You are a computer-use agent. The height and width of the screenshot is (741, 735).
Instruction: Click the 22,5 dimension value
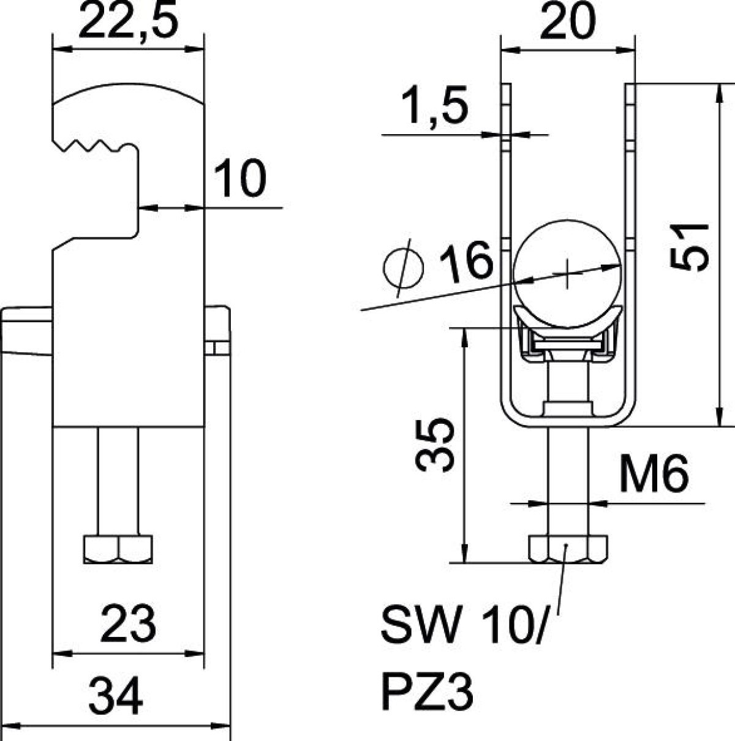click(x=128, y=20)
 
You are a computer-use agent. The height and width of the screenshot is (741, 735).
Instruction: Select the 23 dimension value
click(x=127, y=623)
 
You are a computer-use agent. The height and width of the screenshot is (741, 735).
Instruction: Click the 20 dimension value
click(x=567, y=20)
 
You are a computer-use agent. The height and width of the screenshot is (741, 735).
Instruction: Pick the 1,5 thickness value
click(x=434, y=104)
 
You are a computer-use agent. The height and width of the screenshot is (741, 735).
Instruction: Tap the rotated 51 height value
click(x=688, y=247)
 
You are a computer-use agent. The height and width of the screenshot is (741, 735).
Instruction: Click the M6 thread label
click(x=654, y=474)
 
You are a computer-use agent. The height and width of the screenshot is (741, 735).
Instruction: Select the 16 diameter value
click(x=466, y=261)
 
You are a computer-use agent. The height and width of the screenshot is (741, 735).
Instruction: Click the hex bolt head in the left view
click(x=118, y=549)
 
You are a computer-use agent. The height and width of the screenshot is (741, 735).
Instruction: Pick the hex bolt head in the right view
click(x=568, y=549)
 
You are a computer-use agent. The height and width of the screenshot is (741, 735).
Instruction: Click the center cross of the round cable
click(x=567, y=274)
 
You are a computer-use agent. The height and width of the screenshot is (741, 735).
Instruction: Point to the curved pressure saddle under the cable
click(x=568, y=318)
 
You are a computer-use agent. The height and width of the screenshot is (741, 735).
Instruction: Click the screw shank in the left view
click(x=118, y=481)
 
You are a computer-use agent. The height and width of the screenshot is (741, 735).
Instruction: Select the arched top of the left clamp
click(x=128, y=93)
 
